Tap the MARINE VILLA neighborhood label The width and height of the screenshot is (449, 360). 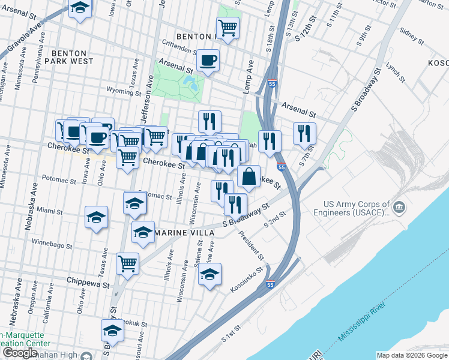[x=184, y=232]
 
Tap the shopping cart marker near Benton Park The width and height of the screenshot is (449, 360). [x=228, y=27]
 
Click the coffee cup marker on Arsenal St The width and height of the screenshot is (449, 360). [x=208, y=60]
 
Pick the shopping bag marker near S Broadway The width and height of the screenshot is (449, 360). [x=249, y=176]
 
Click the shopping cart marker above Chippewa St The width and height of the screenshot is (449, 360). [x=127, y=263]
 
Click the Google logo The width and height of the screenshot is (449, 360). [x=20, y=353]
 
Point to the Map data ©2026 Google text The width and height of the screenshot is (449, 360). [x=412, y=355]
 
